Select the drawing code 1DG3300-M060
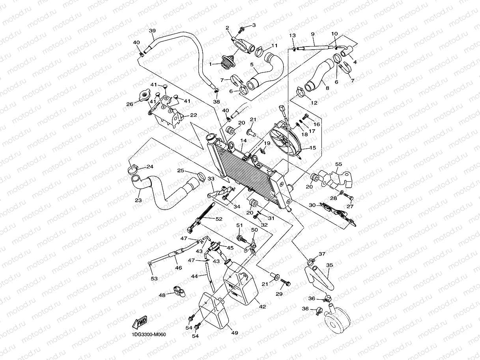click(149, 335)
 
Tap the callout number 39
click(152, 31)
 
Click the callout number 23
click(138, 200)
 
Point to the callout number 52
click(219, 219)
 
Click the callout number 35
click(329, 265)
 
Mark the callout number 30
click(312, 205)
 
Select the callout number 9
click(312, 34)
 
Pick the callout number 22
click(194, 115)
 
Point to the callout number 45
click(230, 248)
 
